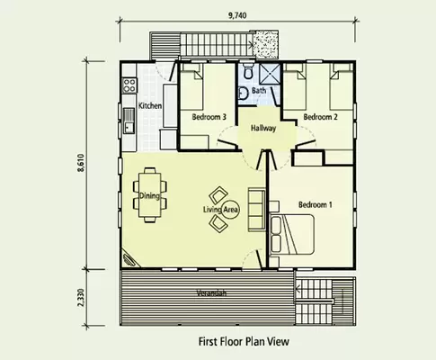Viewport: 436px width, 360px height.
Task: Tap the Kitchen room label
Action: [149, 106]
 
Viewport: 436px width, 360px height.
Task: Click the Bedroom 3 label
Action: [209, 117]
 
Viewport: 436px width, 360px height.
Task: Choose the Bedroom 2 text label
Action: [319, 117]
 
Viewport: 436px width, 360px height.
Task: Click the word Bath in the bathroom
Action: [259, 91]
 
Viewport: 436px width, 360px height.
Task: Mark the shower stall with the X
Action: [268, 74]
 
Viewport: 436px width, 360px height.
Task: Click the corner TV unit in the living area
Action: [131, 256]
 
